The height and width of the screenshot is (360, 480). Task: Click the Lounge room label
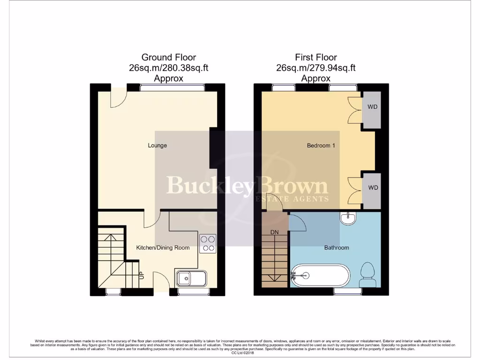tap(157, 145)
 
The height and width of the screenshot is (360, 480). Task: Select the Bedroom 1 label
tap(321, 145)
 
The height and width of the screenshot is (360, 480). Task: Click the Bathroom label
tap(337, 247)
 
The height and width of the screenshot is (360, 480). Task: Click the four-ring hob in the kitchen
tap(208, 243)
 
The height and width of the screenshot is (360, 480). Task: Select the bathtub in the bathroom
tap(320, 276)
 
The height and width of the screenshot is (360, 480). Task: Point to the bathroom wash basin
tap(348, 218)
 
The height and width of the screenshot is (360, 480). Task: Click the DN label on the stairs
tap(274, 232)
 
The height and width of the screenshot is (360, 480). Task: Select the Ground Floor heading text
tap(169, 58)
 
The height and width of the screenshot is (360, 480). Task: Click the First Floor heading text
tap(316, 58)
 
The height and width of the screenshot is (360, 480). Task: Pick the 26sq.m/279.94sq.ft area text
tap(316, 68)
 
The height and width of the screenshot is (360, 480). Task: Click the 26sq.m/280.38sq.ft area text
tap(169, 68)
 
